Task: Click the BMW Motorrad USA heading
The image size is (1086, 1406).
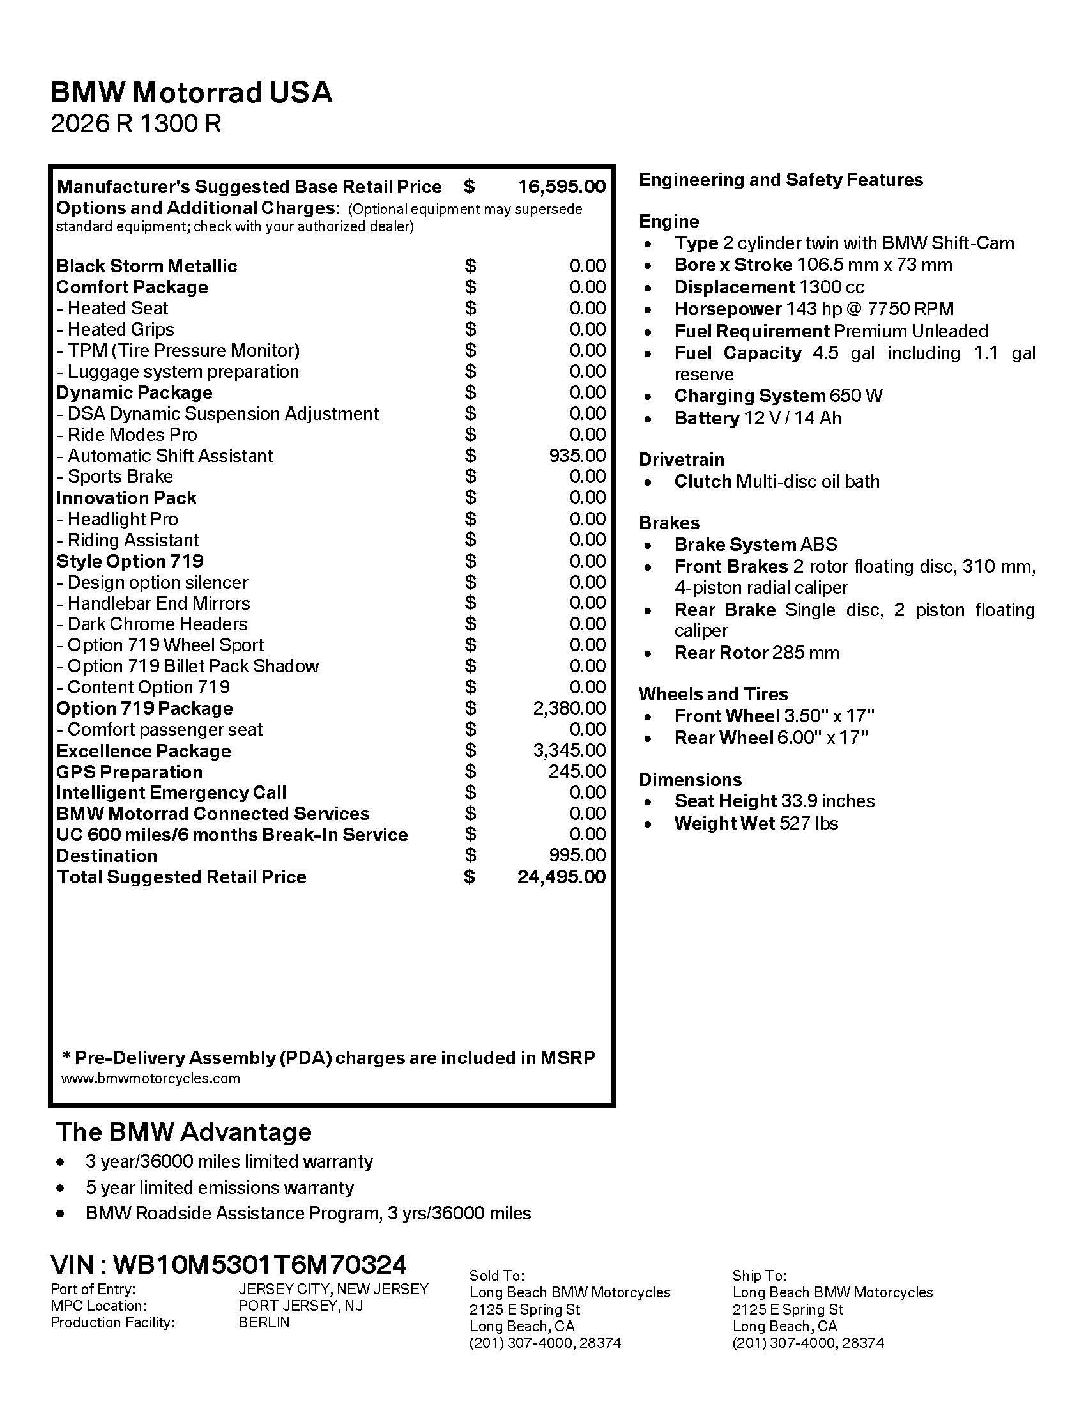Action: click(x=191, y=93)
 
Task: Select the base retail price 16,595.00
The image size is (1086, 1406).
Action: click(x=561, y=187)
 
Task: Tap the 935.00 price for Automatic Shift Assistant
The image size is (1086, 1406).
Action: click(x=576, y=456)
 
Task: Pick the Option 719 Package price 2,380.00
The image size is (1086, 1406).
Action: click(x=569, y=708)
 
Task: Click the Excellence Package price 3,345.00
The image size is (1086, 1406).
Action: click(x=569, y=751)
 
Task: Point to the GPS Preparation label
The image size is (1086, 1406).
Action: click(x=129, y=772)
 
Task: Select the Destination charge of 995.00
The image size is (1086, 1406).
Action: click(x=576, y=856)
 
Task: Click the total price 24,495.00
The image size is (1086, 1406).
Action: click(x=561, y=877)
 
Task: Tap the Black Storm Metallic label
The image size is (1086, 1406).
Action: click(x=147, y=266)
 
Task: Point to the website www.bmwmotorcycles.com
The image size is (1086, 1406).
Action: click(x=151, y=1078)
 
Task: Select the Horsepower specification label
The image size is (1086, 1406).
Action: click(x=728, y=309)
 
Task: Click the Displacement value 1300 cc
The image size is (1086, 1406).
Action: click(x=831, y=287)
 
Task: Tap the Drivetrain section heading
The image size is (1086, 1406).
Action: click(x=682, y=460)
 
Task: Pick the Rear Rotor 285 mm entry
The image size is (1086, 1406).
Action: click(x=756, y=653)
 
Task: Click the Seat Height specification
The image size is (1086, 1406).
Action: click(x=774, y=801)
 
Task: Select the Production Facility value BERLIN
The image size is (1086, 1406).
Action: click(x=264, y=1322)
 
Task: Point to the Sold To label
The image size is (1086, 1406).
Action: click(x=496, y=1276)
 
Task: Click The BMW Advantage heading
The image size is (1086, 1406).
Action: click(x=184, y=1132)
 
